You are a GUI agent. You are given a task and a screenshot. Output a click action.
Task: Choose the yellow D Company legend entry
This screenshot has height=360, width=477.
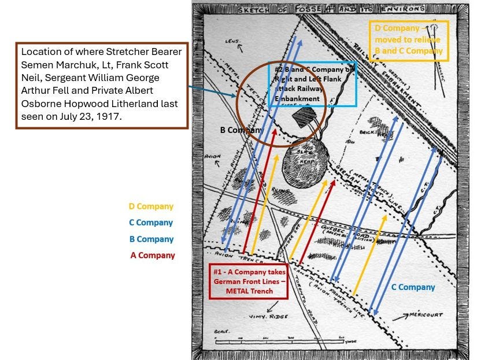(151, 206)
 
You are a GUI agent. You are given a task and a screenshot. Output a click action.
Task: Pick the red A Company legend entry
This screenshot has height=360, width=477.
(152, 255)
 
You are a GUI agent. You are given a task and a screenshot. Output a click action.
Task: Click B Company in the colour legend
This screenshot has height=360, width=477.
(151, 239)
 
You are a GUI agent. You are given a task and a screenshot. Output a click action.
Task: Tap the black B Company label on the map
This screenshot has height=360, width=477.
(242, 130)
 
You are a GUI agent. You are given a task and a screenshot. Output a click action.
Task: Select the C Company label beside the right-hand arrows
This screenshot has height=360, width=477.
(413, 287)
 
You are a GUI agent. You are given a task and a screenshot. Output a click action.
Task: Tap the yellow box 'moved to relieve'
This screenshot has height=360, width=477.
(408, 39)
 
